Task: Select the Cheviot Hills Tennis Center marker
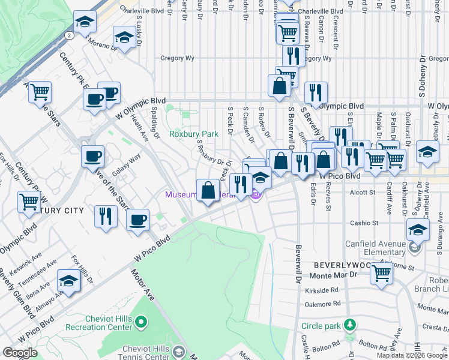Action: tap(178, 350)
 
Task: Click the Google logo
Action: tap(20, 352)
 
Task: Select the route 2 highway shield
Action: tap(70, 35)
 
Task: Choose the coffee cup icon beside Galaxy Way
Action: tap(92, 157)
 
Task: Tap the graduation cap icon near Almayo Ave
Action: tap(69, 281)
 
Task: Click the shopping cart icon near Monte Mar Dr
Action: tap(382, 274)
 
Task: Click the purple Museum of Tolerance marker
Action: tap(256, 194)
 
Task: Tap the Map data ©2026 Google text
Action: tap(411, 355)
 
